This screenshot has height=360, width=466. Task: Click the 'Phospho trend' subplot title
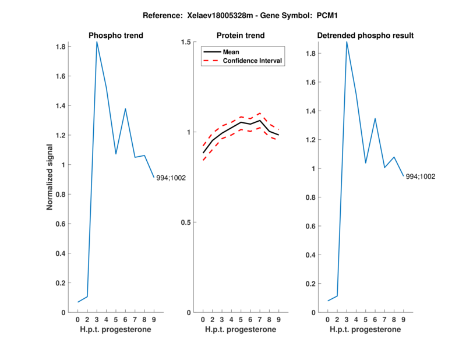point(116,36)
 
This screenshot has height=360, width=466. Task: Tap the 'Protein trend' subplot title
point(241,36)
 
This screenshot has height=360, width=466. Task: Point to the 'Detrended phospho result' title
point(365,36)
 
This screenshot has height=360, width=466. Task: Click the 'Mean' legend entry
point(231,52)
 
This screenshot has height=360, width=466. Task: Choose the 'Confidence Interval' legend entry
point(253,61)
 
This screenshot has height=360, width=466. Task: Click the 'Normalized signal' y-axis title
point(50,177)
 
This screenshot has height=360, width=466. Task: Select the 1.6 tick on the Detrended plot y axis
point(313,83)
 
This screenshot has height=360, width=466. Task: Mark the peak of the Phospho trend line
point(97,41)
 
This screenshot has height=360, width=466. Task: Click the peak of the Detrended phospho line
point(347,41)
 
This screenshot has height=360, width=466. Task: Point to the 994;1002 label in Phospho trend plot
point(171,178)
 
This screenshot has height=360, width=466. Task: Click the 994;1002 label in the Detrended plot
point(421,177)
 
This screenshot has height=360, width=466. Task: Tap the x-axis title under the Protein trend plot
point(241,330)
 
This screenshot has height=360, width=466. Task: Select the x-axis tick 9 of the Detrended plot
point(403,319)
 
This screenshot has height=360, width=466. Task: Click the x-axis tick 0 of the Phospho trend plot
point(78,319)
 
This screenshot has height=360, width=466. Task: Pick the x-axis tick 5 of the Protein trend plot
point(241,319)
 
